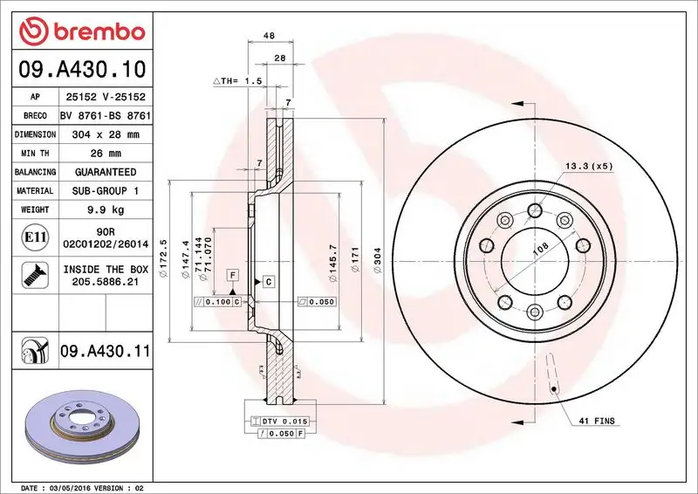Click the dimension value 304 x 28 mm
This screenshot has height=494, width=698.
106,135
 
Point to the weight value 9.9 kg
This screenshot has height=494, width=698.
106,210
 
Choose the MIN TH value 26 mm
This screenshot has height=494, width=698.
106,154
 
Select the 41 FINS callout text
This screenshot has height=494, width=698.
596,422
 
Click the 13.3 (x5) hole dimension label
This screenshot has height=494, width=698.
588,165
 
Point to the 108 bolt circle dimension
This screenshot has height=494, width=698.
541,249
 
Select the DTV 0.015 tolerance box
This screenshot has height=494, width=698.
280,422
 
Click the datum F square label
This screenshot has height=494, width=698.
233,275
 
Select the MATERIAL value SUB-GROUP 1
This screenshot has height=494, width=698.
106,191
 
